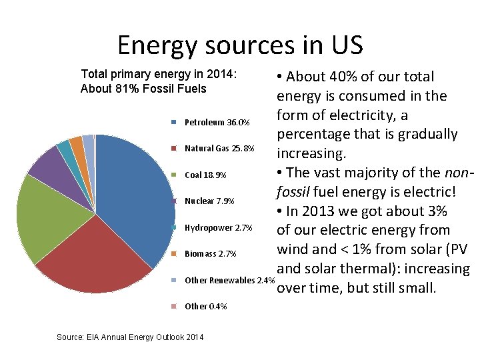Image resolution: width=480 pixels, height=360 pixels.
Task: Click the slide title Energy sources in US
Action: [240, 45]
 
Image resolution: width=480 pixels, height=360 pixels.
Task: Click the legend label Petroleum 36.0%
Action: [217, 123]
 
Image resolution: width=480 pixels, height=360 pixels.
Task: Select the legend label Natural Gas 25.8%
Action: [219, 148]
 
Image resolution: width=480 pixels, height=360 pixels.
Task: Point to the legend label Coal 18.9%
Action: [205, 175]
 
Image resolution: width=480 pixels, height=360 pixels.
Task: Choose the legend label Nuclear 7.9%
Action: [209, 201]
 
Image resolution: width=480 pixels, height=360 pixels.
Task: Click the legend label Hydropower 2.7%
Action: [218, 227]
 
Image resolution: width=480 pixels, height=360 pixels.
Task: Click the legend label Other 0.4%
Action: [205, 306]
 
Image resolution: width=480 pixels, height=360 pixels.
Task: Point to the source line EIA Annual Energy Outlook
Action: [131, 338]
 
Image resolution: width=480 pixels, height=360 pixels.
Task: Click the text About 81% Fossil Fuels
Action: [143, 89]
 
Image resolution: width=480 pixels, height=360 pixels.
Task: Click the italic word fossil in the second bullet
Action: [295, 192]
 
